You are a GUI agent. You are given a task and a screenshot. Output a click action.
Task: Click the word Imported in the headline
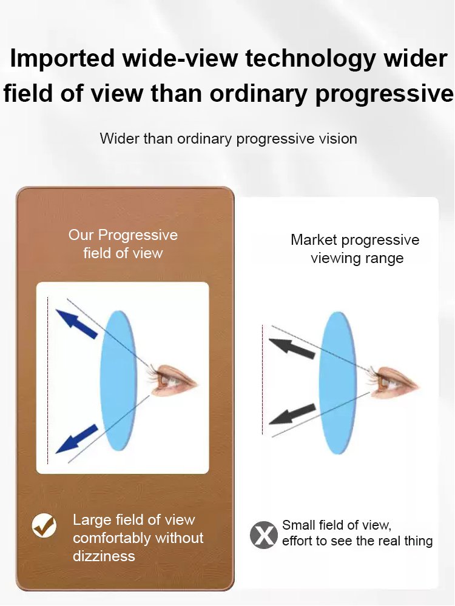point(62,59)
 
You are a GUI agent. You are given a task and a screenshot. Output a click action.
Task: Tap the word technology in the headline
point(310,59)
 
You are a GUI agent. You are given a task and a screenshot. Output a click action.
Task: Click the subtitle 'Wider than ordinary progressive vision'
point(228,139)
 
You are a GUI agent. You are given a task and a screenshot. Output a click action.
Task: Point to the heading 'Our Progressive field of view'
point(123,244)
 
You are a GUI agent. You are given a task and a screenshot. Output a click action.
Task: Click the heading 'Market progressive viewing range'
point(355,249)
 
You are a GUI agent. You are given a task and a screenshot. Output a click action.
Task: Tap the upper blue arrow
point(76,324)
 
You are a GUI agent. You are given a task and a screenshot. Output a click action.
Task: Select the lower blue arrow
point(76,438)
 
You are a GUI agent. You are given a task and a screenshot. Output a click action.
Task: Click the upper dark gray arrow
point(292,348)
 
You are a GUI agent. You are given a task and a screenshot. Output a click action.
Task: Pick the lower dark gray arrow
point(292,414)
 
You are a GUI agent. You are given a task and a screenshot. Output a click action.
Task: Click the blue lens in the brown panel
point(118,381)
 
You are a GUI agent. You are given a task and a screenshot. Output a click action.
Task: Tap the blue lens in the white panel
point(338,383)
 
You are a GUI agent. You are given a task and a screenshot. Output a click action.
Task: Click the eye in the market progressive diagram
point(393,382)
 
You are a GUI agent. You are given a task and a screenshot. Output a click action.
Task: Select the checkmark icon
point(44,525)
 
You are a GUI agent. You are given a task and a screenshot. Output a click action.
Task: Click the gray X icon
point(264,535)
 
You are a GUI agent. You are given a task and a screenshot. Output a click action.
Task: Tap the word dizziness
point(104,556)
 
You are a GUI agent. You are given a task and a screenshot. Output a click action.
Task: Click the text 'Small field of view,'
point(337,525)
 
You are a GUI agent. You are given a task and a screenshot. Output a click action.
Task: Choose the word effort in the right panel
point(297,541)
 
